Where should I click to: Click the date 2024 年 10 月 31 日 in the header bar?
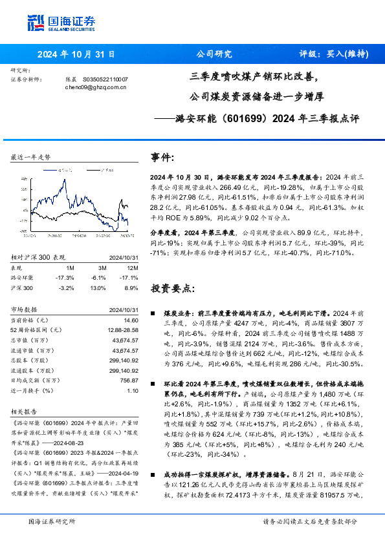click(76, 54)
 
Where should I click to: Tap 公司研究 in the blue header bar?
click(214, 54)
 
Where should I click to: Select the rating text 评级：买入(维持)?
click(330, 54)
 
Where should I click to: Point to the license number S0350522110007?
click(105, 79)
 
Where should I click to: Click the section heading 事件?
click(162, 157)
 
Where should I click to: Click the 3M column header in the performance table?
click(102, 267)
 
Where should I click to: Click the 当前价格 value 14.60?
click(131, 320)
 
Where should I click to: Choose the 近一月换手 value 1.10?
click(133, 390)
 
